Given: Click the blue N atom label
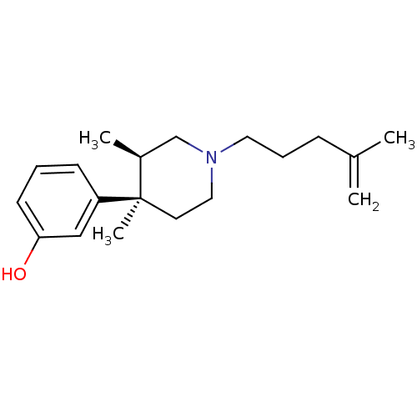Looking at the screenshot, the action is (x=211, y=158).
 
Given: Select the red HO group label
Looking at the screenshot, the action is (x=14, y=274).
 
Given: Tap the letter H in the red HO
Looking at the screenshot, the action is (x=8, y=274).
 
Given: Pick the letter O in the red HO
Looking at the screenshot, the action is (x=20, y=274).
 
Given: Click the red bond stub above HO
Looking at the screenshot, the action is (x=28, y=257).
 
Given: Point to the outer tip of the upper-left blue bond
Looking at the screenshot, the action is (x=188, y=143).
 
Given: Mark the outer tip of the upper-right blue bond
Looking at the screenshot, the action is (x=234, y=143).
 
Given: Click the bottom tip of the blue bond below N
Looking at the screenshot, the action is (x=212, y=182).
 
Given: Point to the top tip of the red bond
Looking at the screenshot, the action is (x=32, y=249).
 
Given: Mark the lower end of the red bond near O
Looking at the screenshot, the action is (x=25, y=264).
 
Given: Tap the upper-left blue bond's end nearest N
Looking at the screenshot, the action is (x=203, y=153).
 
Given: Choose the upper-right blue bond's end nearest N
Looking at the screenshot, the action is (x=219, y=153).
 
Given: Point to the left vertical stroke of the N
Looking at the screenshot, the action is (x=207, y=158).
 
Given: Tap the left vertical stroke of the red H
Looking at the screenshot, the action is (x=3, y=274).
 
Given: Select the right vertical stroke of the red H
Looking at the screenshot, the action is (x=12, y=274).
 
